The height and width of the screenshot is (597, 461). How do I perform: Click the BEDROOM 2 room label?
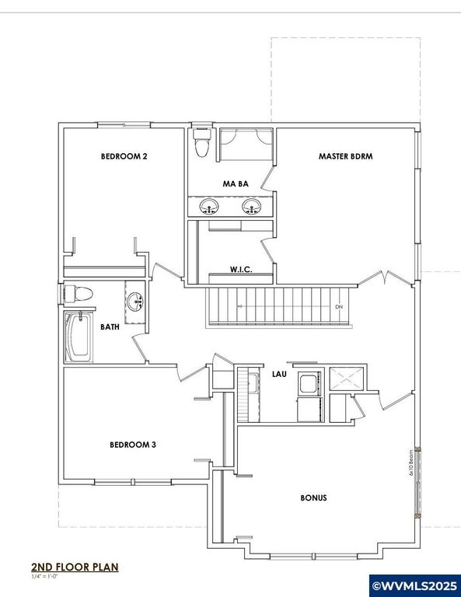pos(124,156)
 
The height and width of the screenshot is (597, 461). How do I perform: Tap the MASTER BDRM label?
pos(346,156)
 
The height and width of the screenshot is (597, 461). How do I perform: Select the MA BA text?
pos(235,184)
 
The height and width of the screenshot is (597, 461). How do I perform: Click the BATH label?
pos(110,327)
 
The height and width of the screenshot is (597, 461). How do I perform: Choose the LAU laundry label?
pos(278,374)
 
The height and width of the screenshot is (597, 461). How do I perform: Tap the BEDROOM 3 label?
pos(133,445)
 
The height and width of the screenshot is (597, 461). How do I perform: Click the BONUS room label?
pos(313,497)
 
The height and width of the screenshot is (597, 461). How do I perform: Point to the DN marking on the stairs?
pos(338,307)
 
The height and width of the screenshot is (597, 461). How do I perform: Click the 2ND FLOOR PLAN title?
pos(75,567)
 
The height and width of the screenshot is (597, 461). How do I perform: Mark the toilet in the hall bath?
pos(78,294)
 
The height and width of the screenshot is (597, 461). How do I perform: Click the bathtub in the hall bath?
pos(79,337)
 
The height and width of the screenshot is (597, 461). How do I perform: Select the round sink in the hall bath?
pos(135,300)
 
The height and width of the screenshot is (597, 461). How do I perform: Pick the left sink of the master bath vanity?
pos(209,207)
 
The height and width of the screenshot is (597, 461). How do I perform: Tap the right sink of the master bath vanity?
pos(250,207)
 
